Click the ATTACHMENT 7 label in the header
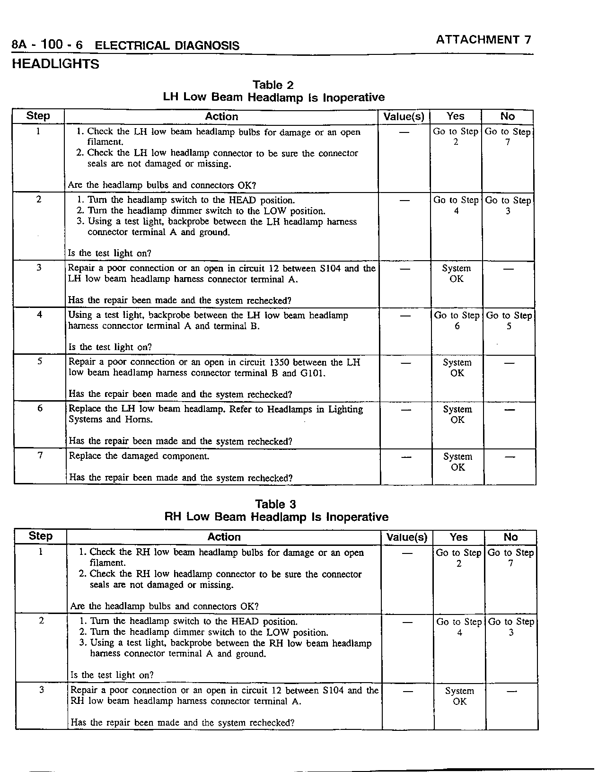pos(484,40)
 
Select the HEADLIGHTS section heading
pos(55,64)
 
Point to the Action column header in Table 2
pos(221,116)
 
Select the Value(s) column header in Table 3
pos(407,537)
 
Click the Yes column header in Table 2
pos(455,116)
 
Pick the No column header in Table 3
pos(510,537)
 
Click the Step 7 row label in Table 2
pos(40,455)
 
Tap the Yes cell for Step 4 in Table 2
pos(457,320)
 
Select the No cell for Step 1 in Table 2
pos(508,137)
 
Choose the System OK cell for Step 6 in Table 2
pos(457,414)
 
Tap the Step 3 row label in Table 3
pos(42,690)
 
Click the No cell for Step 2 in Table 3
pos(511,627)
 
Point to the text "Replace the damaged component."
pos(139,456)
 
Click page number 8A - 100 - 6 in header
pos(47,45)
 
